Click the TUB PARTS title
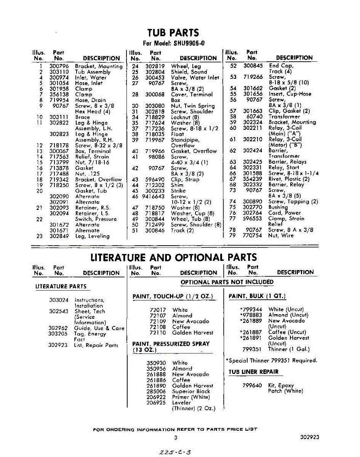tap(173, 33)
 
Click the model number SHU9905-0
tap(189, 43)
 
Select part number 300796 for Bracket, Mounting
tap(59, 66)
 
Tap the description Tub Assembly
tap(93, 72)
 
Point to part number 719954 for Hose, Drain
tap(59, 100)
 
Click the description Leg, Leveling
tap(92, 236)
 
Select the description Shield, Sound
tap(189, 72)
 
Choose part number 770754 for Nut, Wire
tap(252, 235)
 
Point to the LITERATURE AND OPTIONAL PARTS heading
tap(173, 257)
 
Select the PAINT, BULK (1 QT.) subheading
tap(257, 296)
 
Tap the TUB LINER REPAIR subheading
tap(253, 372)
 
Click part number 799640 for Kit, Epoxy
tap(252, 385)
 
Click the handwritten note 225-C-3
tap(176, 452)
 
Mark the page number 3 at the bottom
tap(176, 438)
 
